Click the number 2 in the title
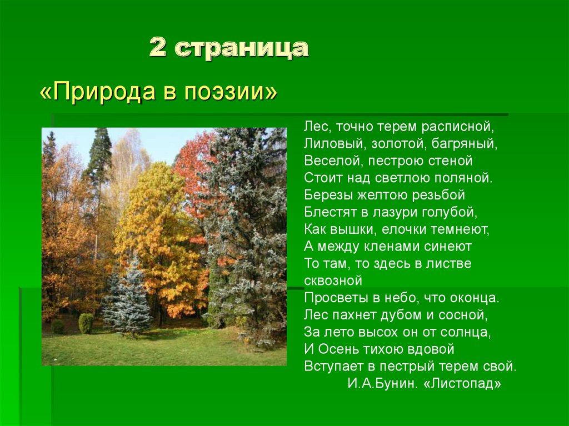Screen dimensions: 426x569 click(158, 49)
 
